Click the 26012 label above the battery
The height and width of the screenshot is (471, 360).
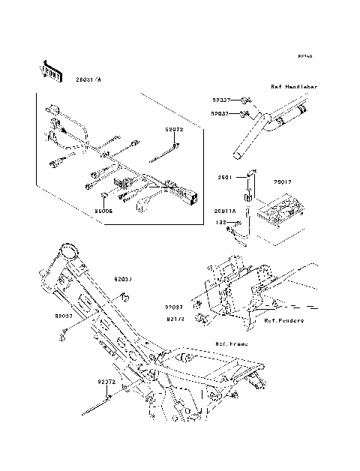tap(282, 181)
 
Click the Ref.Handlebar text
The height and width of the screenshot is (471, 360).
tap(293, 88)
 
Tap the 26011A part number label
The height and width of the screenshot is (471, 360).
tap(225, 211)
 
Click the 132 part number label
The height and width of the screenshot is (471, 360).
tap(222, 223)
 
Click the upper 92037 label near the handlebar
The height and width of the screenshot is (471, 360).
tap(222, 100)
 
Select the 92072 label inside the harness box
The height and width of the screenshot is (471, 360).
tap(174, 129)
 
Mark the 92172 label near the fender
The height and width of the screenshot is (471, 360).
tap(175, 318)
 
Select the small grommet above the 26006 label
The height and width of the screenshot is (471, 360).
tap(103, 199)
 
